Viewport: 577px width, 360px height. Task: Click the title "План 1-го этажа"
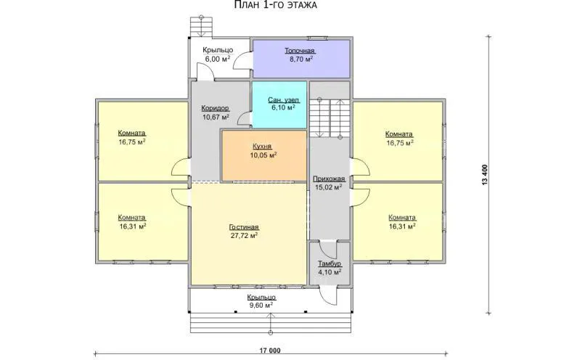point(275,5)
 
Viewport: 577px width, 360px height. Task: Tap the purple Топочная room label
point(300,51)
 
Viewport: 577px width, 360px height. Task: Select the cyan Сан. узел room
point(279,105)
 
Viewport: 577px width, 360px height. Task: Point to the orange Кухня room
point(263,156)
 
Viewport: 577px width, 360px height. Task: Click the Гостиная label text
point(244,227)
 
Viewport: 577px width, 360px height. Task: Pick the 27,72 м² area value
point(244,236)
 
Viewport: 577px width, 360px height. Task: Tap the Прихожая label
point(329,179)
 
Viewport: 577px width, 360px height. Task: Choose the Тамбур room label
point(330,264)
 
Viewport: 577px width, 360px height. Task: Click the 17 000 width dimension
point(271,351)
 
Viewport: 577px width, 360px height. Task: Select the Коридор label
point(216,108)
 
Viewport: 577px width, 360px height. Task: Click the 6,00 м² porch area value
point(218,59)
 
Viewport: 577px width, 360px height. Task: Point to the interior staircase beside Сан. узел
point(329,118)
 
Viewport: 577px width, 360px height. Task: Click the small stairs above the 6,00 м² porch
point(201,27)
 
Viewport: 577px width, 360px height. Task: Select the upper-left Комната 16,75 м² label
point(132,137)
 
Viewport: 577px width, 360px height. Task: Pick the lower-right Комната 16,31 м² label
point(402,222)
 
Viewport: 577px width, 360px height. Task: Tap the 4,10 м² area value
point(330,272)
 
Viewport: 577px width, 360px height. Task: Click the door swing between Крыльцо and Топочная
point(242,61)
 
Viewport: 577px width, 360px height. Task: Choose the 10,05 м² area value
point(263,155)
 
